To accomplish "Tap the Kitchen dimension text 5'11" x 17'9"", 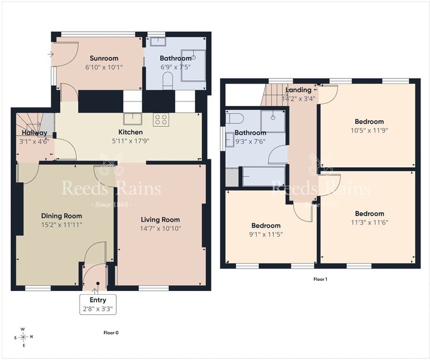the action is click(131, 141).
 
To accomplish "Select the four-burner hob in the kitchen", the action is click(161, 120).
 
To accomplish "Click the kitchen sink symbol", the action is click(133, 119).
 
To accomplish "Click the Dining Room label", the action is click(61, 216).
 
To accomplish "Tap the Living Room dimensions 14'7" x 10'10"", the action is click(161, 228).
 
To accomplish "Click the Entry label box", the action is click(98, 304).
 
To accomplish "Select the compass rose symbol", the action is click(23, 337).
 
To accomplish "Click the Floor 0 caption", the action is click(111, 333).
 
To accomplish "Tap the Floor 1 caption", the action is click(320, 279).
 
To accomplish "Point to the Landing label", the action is click(298, 90).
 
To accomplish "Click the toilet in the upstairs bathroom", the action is click(235, 118).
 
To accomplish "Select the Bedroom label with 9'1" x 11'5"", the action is click(266, 226).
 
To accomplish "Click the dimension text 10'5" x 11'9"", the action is click(369, 130).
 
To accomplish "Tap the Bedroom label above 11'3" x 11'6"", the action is click(369, 213).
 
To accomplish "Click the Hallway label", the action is click(35, 133).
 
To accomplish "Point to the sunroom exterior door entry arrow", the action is click(50, 54).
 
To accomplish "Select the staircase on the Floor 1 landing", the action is click(275, 95).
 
